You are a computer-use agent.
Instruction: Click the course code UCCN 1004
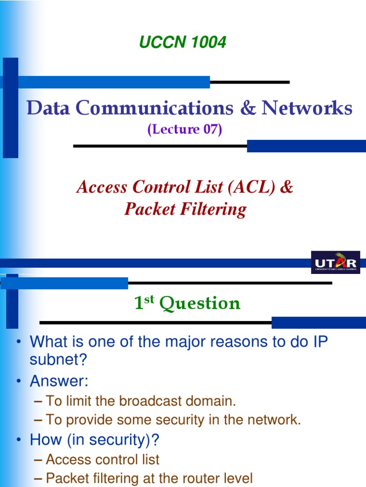click(183, 43)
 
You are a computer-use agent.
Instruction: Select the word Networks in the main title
click(307, 108)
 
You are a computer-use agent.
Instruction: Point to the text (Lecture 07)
click(185, 129)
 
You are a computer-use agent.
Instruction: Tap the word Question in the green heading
click(200, 303)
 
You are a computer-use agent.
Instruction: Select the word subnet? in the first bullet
click(59, 360)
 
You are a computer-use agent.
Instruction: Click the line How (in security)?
click(94, 440)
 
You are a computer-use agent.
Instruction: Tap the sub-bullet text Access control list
click(102, 459)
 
